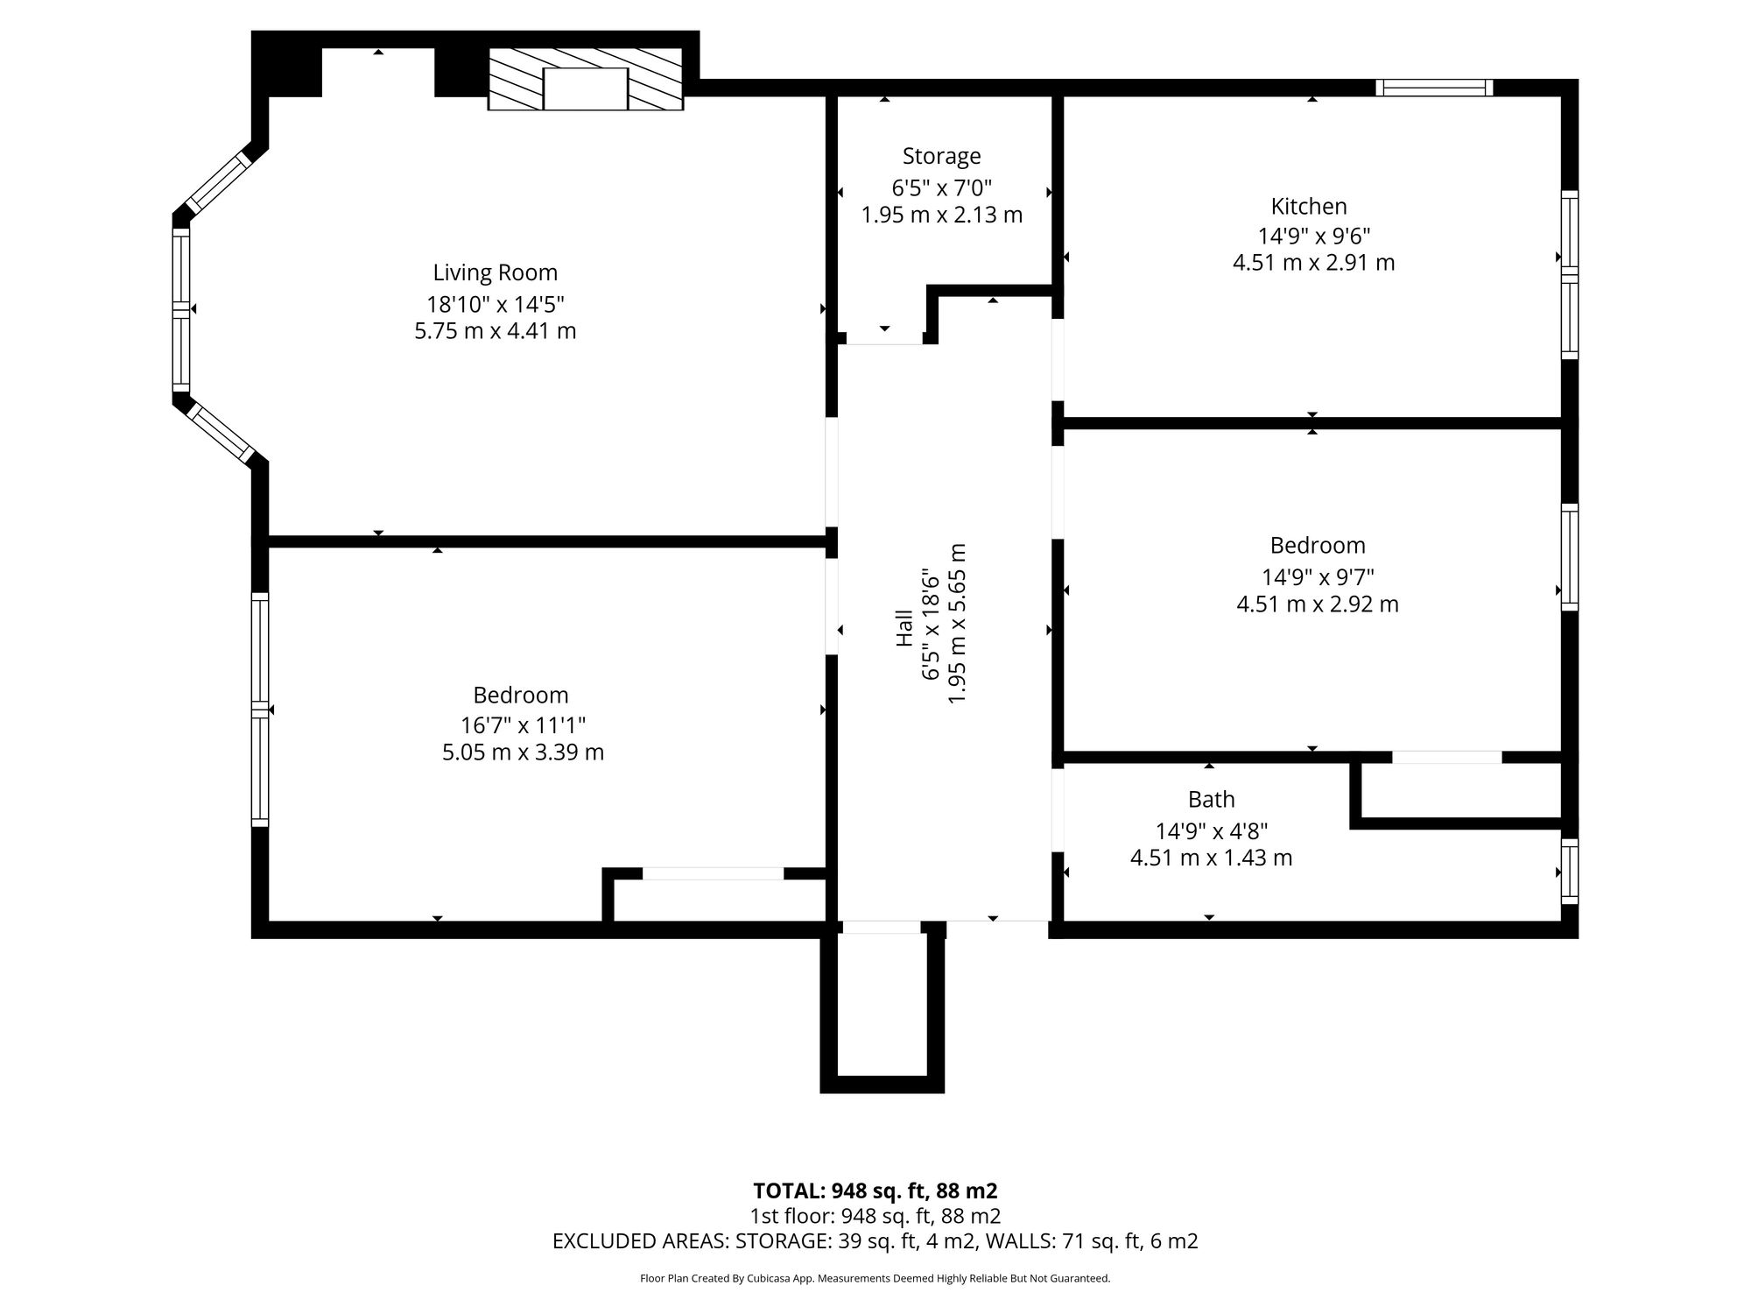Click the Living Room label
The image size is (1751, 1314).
click(x=496, y=273)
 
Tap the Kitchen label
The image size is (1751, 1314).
click(x=1309, y=207)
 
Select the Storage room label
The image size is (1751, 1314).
click(x=941, y=157)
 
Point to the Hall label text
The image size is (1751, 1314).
click(x=904, y=629)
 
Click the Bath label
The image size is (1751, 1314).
click(x=1212, y=799)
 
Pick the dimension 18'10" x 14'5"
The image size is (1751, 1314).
click(x=496, y=304)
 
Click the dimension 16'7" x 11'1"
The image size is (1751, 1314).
click(x=523, y=725)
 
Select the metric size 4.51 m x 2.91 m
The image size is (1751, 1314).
click(x=1313, y=263)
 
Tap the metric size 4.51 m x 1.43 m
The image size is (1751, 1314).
click(x=1211, y=858)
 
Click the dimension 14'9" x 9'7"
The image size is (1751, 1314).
click(x=1318, y=577)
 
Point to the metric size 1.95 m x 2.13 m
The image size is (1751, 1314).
click(x=941, y=215)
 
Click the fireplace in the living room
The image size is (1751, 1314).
click(x=585, y=80)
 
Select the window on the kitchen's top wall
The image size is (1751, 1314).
click(x=1433, y=88)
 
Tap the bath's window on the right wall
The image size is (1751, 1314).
click(x=1570, y=872)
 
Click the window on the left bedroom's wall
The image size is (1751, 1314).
click(x=260, y=710)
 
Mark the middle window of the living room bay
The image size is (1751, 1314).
click(x=181, y=309)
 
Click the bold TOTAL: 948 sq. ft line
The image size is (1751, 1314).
click(x=875, y=1191)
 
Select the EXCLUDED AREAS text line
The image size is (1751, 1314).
click(x=875, y=1241)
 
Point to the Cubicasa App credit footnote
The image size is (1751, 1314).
click(x=875, y=1279)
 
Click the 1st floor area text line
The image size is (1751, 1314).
click(x=875, y=1216)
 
